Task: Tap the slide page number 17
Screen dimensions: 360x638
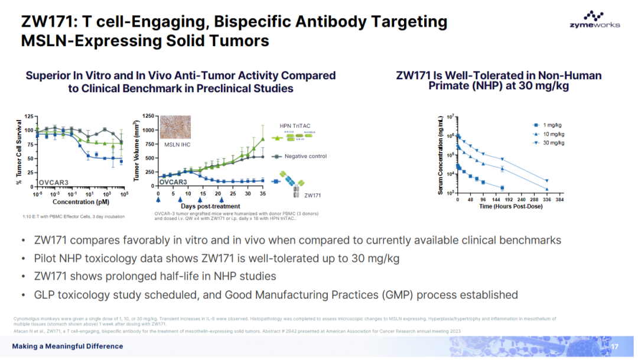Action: coord(614,346)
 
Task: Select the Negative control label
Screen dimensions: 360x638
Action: coord(305,156)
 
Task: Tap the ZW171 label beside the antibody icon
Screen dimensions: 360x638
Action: coord(313,194)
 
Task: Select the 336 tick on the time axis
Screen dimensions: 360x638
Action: coord(547,200)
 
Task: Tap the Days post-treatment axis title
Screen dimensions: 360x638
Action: coord(210,206)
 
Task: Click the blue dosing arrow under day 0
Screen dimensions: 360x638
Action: coord(158,200)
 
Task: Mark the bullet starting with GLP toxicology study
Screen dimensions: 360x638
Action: coord(276,294)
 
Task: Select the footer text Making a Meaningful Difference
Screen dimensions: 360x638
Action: coord(68,346)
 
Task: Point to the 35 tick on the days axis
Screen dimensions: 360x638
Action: coord(263,193)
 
